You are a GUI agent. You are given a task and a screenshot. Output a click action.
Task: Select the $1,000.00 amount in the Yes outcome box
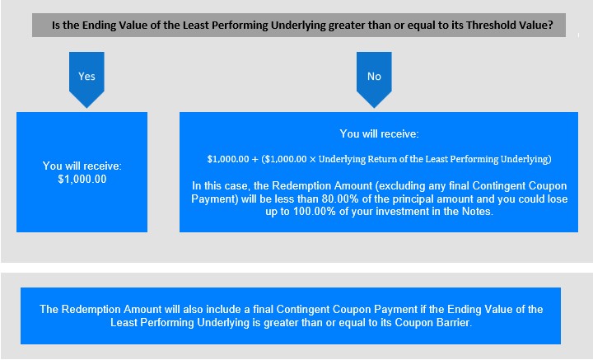82,179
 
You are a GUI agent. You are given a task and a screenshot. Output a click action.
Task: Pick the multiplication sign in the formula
312,159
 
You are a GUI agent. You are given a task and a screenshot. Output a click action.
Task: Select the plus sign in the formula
254,159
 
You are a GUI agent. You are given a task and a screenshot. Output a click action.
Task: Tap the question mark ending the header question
550,25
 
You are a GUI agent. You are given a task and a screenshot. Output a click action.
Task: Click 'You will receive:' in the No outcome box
380,133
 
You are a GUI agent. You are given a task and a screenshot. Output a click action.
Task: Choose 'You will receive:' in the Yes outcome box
82,166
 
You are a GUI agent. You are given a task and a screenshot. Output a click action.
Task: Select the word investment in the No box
398,211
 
